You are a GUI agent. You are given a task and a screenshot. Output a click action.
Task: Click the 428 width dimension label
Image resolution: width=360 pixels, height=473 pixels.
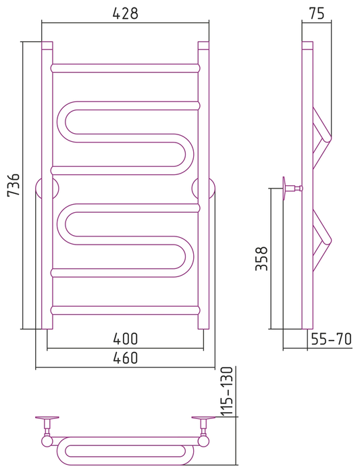(125, 14)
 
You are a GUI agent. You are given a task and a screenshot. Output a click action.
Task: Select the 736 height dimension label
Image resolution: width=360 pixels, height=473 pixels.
(14, 184)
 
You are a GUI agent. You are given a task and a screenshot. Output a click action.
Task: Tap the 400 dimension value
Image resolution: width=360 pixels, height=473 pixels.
(126, 339)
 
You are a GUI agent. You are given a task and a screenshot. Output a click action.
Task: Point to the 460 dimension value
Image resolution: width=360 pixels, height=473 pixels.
(126, 357)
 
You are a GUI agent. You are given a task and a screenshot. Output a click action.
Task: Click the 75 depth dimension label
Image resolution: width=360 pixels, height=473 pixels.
(317, 14)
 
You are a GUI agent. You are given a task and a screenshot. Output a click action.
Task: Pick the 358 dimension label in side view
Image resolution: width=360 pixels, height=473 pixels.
(261, 258)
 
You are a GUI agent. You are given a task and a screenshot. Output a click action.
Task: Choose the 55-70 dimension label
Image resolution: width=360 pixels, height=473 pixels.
(332, 339)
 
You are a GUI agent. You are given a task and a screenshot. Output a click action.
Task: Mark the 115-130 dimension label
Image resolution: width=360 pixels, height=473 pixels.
(227, 391)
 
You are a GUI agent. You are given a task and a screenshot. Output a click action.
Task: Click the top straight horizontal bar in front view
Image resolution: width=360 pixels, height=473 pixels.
(126, 68)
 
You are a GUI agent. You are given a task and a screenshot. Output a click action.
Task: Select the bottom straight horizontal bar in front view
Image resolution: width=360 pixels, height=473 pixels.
(126, 310)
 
